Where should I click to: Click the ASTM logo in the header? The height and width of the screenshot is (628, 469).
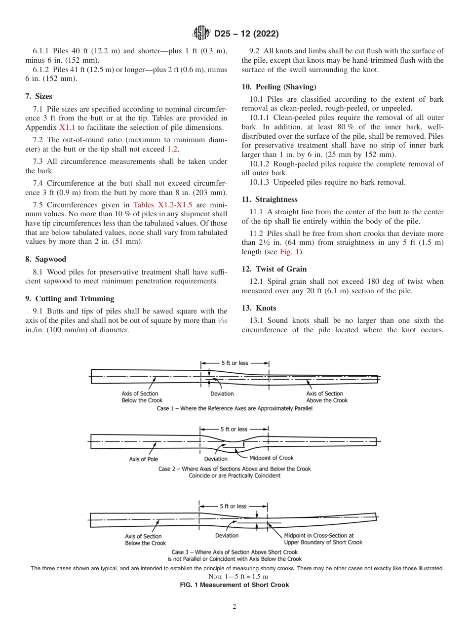(201, 34)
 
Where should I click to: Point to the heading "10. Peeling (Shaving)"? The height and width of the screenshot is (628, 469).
(278, 87)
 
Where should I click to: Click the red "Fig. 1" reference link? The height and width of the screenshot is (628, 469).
(290, 252)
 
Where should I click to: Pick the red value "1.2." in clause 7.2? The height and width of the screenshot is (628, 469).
(173, 149)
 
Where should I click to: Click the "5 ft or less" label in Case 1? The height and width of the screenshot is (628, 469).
(234, 363)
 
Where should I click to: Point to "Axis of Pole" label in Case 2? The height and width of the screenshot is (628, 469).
(144, 459)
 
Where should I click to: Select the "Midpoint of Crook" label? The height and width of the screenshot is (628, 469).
(271, 458)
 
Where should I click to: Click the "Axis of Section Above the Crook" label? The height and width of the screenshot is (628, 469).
(327, 397)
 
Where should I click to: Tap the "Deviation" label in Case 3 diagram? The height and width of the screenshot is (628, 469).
(227, 536)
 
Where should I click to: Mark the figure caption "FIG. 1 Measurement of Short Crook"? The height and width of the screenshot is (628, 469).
(234, 585)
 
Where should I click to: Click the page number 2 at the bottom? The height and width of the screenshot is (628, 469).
(234, 607)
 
